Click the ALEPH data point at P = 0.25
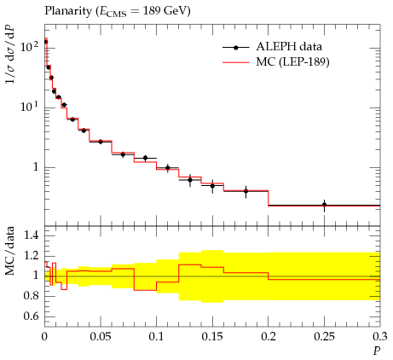coord(324,205)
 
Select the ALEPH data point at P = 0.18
coord(246,191)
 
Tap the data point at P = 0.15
coord(212,186)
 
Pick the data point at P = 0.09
coord(146,158)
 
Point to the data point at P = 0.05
coord(101,142)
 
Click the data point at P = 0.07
coord(123,154)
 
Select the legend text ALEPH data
coord(289,47)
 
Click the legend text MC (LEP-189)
coord(292,61)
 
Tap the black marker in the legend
coord(235,48)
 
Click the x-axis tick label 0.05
coord(101,337)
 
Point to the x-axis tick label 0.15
coord(212,337)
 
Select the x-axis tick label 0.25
coord(324,337)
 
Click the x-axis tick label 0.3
coord(380,337)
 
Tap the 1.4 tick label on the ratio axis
coord(31,235)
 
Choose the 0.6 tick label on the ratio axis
coord(31,316)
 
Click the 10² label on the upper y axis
coord(30,46)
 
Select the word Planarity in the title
coord(68,11)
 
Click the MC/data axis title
coord(9,251)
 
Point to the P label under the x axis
coord(377,351)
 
